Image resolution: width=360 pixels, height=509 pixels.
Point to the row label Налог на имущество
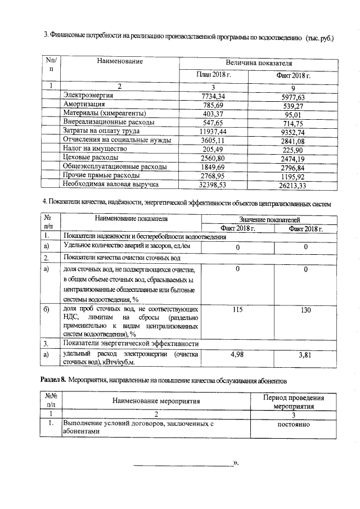tap(95, 148)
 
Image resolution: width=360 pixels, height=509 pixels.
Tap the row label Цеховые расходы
tap(92, 157)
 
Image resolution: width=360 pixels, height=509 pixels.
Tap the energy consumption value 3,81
tap(305, 355)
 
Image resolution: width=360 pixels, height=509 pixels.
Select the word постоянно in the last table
tap(293, 424)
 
